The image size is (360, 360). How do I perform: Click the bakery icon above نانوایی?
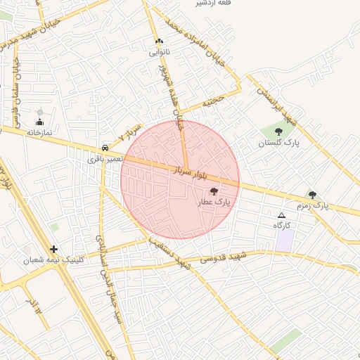click(x=159, y=41)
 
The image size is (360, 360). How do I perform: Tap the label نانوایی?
click(x=159, y=52)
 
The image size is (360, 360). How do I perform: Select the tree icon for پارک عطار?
click(x=214, y=191)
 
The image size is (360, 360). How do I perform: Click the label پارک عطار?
click(x=214, y=202)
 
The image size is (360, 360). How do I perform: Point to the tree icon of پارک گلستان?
click(x=279, y=131)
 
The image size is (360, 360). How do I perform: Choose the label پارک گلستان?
click(x=278, y=143)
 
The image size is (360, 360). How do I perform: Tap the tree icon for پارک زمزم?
click(x=312, y=195)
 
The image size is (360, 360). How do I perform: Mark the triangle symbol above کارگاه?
click(x=282, y=215)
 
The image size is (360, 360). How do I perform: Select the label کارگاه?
click(x=282, y=225)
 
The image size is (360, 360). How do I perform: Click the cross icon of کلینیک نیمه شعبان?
click(x=54, y=249)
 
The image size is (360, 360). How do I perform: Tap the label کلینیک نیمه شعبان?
click(x=53, y=260)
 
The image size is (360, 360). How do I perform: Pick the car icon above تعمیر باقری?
click(x=105, y=148)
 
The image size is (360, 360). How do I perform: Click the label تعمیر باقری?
click(x=105, y=160)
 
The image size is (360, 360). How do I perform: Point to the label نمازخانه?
click(x=40, y=132)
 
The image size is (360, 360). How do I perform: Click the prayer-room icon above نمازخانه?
click(x=39, y=122)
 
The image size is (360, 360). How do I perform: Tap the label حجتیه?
click(x=213, y=102)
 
